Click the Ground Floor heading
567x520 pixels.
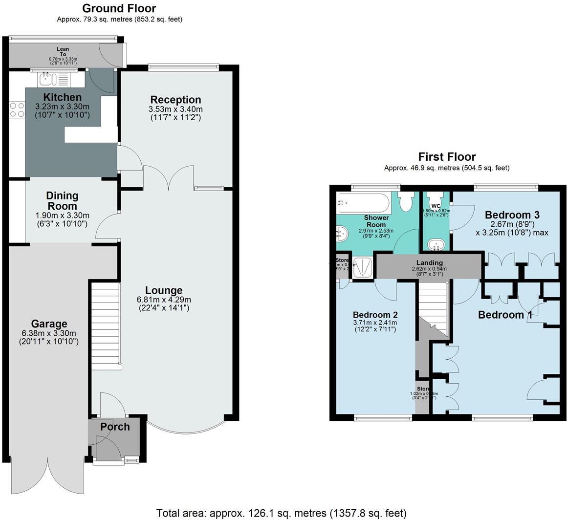coord(119,8)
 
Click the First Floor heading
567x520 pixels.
coord(446,157)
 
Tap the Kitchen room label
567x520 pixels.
coord(62,97)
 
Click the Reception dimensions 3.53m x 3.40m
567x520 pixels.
coord(175,109)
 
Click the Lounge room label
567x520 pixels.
coord(164,290)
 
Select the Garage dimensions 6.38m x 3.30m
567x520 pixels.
coord(49,333)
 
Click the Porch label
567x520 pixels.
coord(115,427)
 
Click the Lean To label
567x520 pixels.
coord(63,52)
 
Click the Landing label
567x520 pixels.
coord(429,263)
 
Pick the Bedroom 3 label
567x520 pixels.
coord(511,215)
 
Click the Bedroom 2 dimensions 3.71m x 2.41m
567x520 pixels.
coord(375,323)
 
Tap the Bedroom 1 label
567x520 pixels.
coord(504,315)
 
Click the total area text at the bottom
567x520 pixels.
coord(281,513)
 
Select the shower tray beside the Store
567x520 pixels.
coord(362,267)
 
